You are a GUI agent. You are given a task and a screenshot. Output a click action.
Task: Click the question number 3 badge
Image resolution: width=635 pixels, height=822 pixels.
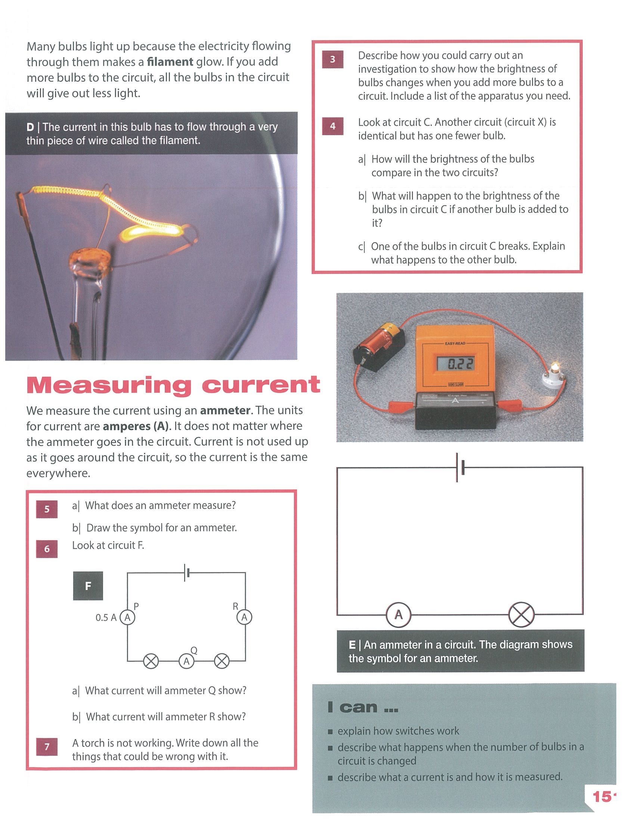(x=332, y=59)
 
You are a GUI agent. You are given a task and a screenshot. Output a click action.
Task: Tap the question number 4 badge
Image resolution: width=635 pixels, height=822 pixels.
(x=332, y=126)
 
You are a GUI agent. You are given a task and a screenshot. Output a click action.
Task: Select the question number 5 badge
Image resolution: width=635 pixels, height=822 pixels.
(x=47, y=509)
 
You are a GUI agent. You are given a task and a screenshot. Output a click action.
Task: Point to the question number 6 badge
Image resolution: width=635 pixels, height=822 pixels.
(x=47, y=549)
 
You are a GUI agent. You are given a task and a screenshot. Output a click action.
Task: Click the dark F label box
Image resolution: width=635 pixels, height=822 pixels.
(x=88, y=585)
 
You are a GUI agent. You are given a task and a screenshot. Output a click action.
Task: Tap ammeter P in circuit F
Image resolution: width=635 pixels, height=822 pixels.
(x=127, y=617)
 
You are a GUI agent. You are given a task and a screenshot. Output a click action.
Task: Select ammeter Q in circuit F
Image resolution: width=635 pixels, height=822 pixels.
(x=186, y=661)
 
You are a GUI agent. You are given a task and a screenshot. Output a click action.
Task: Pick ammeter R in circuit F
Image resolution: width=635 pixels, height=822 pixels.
(x=245, y=617)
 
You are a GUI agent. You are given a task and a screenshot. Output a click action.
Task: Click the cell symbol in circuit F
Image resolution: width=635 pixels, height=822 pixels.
(x=187, y=572)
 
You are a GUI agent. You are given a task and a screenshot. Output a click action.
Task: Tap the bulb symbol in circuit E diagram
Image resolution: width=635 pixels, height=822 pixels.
(x=521, y=615)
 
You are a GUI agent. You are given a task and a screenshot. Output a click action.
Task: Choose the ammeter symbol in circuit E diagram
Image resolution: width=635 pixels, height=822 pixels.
(x=399, y=615)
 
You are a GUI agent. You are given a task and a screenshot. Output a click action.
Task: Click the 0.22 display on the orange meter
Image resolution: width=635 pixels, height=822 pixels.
(x=455, y=364)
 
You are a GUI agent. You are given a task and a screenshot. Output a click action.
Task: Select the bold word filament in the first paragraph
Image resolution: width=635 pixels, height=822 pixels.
(x=170, y=61)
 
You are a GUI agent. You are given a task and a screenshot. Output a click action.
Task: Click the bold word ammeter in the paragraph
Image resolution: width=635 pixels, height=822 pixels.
(x=225, y=410)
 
